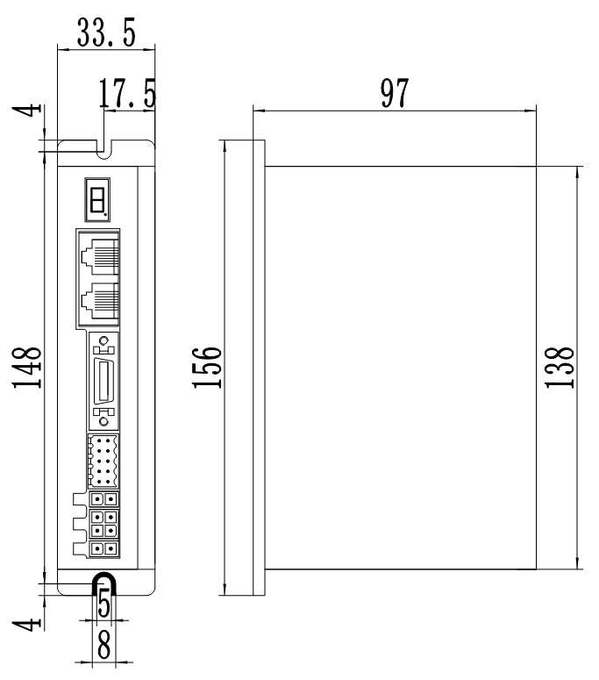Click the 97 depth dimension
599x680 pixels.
coord(393,90)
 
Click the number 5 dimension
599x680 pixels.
coord(103,604)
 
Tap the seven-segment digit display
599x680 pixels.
coord(97,200)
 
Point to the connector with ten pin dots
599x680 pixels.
coord(103,461)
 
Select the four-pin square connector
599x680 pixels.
coord(103,524)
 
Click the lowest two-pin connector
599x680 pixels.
coord(103,549)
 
